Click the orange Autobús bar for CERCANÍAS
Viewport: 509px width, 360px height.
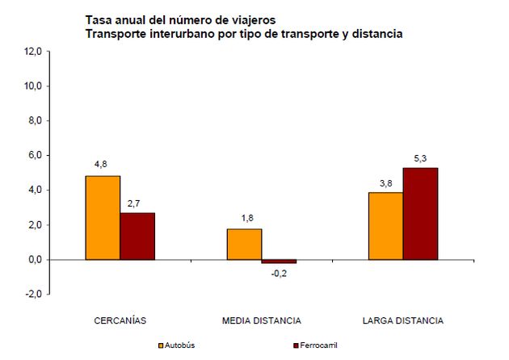[x=103, y=218]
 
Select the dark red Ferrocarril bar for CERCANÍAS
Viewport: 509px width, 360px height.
[x=137, y=236]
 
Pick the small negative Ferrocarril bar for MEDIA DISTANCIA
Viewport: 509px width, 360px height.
[x=279, y=262]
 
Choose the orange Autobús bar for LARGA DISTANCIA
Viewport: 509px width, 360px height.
[x=385, y=226]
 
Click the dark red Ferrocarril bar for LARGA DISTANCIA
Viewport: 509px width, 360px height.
[x=420, y=213]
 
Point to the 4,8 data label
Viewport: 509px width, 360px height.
[x=102, y=165]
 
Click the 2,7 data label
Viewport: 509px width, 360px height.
[x=137, y=202]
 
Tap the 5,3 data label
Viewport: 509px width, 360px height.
[x=420, y=157]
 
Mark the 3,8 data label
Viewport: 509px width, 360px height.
[x=385, y=182]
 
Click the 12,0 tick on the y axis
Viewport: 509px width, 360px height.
[x=33, y=51]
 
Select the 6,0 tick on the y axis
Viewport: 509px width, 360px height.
[x=35, y=155]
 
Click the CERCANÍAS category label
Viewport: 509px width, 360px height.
[x=120, y=320]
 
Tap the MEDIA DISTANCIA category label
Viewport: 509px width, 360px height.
[x=261, y=320]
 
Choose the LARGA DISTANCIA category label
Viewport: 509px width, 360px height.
[x=403, y=320]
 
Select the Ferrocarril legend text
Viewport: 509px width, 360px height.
[x=318, y=345]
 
